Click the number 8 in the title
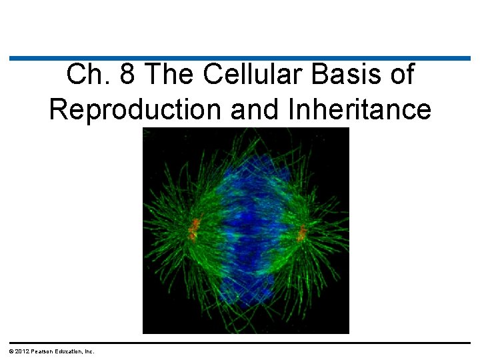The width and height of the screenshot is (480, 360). pyautogui.click(x=127, y=75)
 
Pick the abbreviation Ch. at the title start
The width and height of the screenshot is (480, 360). pyautogui.click(x=89, y=75)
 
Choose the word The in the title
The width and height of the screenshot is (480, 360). pyautogui.click(x=170, y=75)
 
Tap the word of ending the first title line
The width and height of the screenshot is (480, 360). pyautogui.click(x=400, y=75)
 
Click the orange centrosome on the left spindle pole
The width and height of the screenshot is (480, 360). pyautogui.click(x=194, y=229)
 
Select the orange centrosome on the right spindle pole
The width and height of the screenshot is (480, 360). pyautogui.click(x=302, y=233)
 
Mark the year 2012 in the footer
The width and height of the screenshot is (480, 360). pyautogui.click(x=20, y=351)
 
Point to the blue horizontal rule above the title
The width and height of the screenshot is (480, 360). pyautogui.click(x=240, y=59)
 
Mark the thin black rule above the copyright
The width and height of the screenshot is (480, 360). pyautogui.click(x=240, y=343)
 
